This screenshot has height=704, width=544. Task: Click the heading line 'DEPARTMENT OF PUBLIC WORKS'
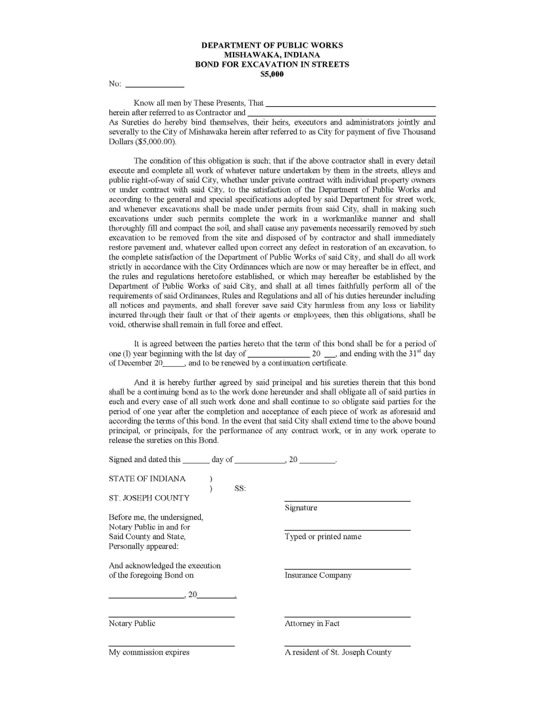[272, 45]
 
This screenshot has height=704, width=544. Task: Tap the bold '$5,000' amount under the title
[272, 74]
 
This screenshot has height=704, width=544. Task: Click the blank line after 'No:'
[154, 87]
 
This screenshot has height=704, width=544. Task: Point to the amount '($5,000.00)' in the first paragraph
[156, 142]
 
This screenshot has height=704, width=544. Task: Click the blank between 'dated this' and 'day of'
[196, 462]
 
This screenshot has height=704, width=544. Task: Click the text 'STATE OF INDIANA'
[147, 479]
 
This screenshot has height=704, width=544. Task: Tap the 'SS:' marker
[240, 488]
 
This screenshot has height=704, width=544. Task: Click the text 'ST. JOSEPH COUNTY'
[149, 498]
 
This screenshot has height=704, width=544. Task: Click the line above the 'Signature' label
[347, 501]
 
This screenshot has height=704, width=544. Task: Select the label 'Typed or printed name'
[323, 537]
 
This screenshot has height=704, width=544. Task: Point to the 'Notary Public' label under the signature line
[132, 623]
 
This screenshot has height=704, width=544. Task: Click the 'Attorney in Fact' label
[312, 623]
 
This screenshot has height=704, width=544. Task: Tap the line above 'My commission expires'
[172, 646]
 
